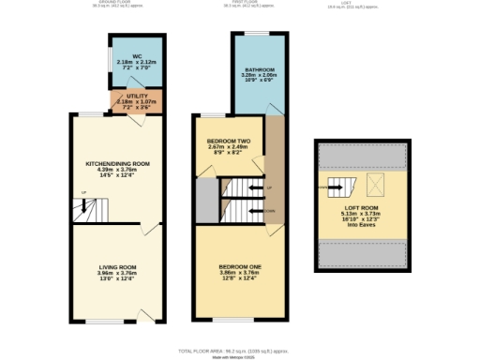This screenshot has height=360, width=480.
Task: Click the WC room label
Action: click(x=136, y=56)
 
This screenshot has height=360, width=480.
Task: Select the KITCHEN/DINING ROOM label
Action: click(x=118, y=163)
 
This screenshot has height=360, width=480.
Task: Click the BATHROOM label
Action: click(x=260, y=70)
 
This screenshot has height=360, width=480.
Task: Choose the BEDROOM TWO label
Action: click(x=228, y=141)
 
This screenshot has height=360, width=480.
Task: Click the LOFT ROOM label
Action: click(x=361, y=207)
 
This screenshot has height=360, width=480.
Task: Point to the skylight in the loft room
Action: click(x=380, y=183)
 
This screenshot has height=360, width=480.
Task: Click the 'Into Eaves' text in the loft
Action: click(x=361, y=223)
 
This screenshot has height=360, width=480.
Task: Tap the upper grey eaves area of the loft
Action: click(x=362, y=155)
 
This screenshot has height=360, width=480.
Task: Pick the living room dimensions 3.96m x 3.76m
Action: click(x=118, y=275)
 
